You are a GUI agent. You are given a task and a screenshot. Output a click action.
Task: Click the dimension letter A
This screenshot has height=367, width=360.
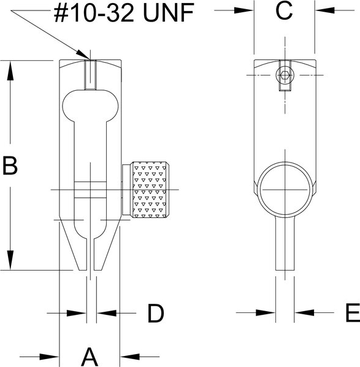point(90,357)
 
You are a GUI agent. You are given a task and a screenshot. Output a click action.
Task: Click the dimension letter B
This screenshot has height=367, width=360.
point(10,166)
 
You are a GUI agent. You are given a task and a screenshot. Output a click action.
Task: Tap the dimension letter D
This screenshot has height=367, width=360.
point(156,313)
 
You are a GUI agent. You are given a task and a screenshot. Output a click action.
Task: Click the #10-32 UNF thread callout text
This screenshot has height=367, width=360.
point(124,14)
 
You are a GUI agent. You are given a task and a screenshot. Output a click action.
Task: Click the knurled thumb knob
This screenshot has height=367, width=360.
point(150,190)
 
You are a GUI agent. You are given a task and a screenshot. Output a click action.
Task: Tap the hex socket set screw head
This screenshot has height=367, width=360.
point(285,75)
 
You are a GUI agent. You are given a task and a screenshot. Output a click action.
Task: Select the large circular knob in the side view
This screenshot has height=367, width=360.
point(285,190)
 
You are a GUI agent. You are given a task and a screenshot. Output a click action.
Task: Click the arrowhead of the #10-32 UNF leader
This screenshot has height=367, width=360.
point(83,55)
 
